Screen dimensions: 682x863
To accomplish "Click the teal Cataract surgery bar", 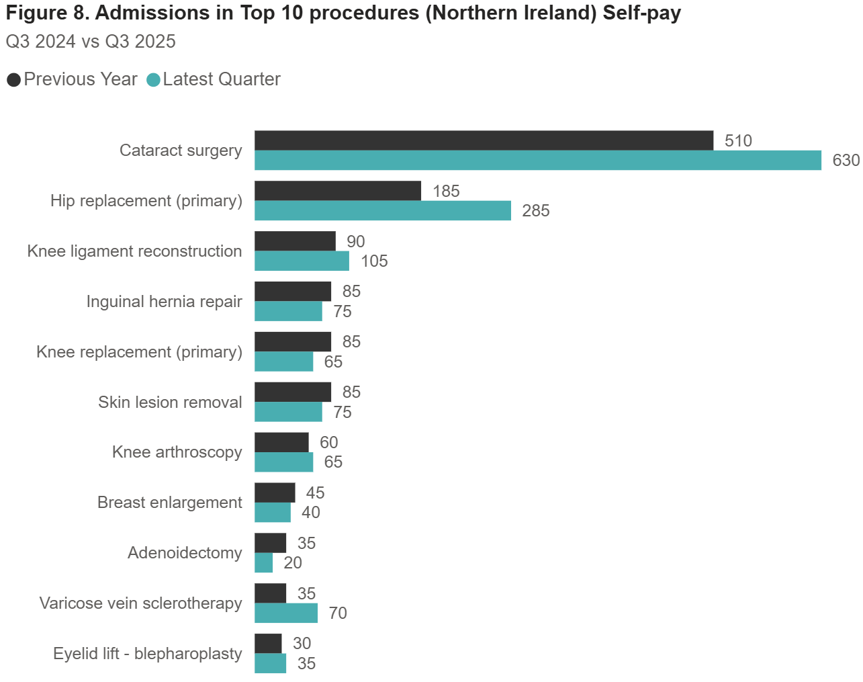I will tap(537, 161).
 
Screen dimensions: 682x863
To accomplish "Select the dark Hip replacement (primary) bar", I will tap(338, 191).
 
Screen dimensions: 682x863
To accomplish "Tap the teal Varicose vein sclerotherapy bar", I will tap(286, 613).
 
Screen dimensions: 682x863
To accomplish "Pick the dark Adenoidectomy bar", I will tap(270, 543).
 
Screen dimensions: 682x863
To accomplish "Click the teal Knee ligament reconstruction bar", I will tap(302, 261).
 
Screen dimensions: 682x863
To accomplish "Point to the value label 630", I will tap(846, 161).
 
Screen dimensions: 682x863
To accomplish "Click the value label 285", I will tap(536, 211).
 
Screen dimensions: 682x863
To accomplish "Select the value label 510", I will tap(738, 141).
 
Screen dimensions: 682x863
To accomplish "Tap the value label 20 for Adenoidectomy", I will tap(293, 563).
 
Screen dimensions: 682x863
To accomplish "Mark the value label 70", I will tap(338, 613).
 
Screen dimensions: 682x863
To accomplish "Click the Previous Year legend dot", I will tap(13, 80).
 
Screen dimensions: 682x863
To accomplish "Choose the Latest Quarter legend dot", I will tap(153, 80).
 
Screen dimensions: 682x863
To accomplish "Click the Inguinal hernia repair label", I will tap(164, 302).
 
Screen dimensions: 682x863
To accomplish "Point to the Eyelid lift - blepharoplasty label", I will tap(148, 654).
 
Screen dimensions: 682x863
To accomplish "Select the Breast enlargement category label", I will tap(169, 503).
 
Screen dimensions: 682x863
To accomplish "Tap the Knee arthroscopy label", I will tap(177, 452).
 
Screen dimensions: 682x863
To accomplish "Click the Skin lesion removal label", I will tap(170, 402).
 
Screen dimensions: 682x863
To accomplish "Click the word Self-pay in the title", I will tap(641, 13).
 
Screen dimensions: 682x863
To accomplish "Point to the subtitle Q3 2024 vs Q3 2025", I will tap(91, 42).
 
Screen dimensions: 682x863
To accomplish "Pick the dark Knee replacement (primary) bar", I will tap(293, 342).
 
